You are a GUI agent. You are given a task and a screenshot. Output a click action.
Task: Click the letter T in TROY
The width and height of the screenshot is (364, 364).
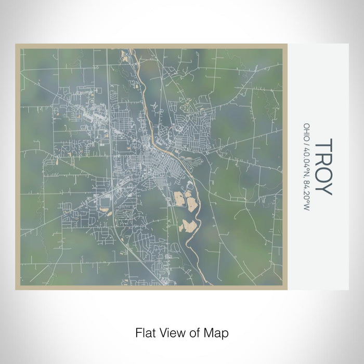pos(323,145)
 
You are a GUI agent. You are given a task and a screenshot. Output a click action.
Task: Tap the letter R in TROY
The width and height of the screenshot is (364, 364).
pos(323,158)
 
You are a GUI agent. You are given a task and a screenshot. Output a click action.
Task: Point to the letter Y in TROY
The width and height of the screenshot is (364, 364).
pos(323,188)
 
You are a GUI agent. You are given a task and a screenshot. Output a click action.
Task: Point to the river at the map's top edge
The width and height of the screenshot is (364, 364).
pos(136,50)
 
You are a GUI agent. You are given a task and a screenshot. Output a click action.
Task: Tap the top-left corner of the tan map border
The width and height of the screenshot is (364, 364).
pos(17,45)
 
